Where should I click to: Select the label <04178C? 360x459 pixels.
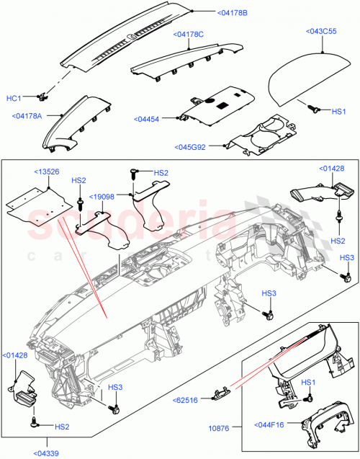189,34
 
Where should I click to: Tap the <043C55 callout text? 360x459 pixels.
322,31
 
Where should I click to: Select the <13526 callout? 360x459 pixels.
49,172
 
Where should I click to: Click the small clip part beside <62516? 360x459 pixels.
220,391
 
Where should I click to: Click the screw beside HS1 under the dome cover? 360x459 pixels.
314,108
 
